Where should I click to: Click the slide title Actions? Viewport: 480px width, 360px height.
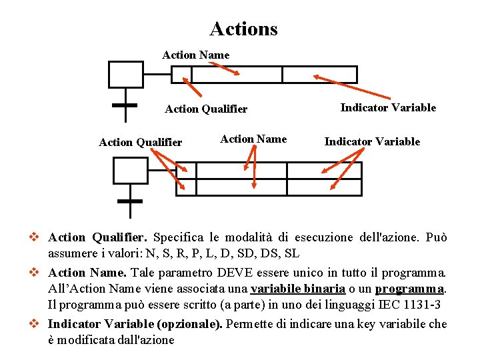(243, 29)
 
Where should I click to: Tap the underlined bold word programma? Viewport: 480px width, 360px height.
(409, 289)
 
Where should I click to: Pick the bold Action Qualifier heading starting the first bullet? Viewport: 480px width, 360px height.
(97, 237)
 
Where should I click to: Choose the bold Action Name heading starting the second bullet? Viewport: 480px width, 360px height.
(87, 272)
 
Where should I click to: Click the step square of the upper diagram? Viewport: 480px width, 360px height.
(126, 74)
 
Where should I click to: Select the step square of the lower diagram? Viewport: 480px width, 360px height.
(131, 170)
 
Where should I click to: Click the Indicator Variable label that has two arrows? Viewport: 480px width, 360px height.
(372, 141)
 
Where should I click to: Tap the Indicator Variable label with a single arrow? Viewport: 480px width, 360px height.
(388, 107)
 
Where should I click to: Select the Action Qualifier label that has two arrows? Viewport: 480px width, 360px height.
(140, 142)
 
